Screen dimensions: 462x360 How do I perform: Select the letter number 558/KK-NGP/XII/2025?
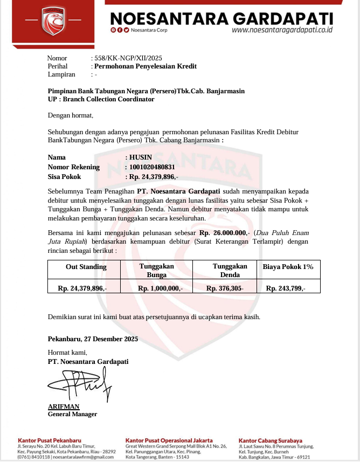128,58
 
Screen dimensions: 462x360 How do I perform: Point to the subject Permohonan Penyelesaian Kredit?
146,66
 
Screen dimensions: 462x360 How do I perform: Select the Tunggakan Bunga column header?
157,271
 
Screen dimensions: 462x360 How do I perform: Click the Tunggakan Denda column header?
230,271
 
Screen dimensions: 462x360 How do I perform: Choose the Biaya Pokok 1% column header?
288,267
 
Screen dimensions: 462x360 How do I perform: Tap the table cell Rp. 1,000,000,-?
161,288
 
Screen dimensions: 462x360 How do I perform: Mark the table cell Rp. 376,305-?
225,288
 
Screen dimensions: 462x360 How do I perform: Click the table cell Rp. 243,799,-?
286,288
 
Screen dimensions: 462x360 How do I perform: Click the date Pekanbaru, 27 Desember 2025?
93,339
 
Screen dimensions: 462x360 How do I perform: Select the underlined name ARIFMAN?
64,406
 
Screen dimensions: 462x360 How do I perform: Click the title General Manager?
73,414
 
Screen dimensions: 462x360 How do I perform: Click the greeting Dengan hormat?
71,115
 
